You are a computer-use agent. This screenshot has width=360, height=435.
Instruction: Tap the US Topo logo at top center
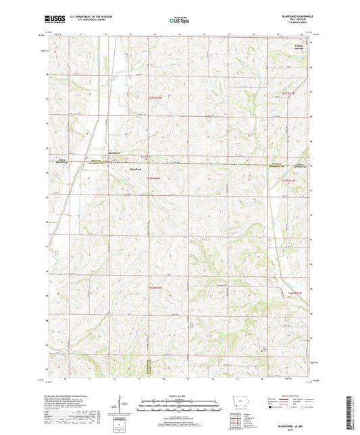pos(180,21)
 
